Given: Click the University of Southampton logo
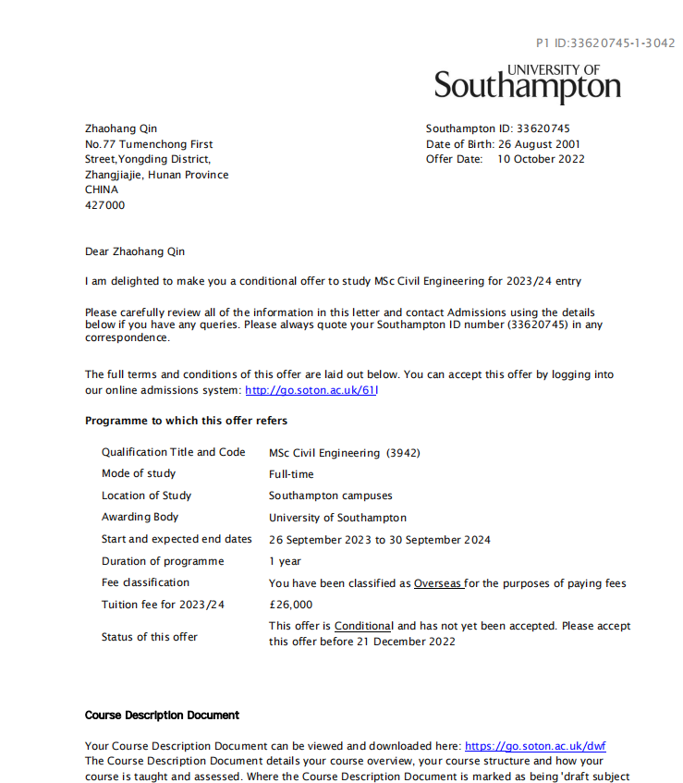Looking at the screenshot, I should coord(528,83).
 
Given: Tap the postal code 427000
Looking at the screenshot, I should coord(104,205).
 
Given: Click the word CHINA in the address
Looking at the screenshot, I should coord(102,190).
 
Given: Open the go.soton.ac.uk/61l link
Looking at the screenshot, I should coord(311,390).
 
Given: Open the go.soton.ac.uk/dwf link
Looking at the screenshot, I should coord(535,746).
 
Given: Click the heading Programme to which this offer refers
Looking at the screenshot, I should coord(186,421).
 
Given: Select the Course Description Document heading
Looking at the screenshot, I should coord(162,716).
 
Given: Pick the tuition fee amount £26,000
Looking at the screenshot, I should coord(290,605).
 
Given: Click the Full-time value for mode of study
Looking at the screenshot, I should coord(291,474).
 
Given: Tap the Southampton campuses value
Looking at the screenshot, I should coord(330,495).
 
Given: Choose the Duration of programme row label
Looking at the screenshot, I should coord(163,561).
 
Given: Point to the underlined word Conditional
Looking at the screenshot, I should coord(363,626).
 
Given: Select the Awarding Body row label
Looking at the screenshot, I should coord(140,517).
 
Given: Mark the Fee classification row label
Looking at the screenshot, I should coord(145,582).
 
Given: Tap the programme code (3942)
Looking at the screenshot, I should coord(403,453).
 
